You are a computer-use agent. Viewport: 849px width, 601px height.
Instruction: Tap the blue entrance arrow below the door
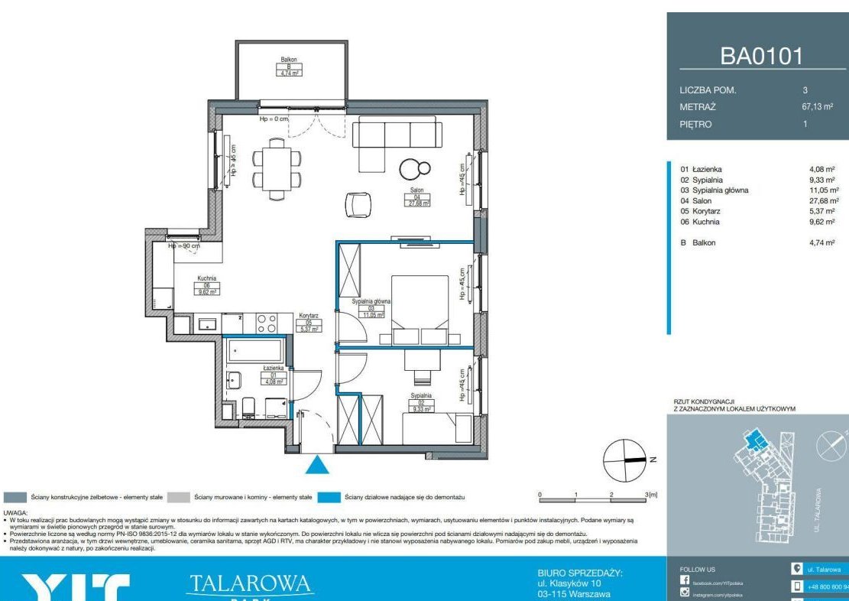coord(317,465)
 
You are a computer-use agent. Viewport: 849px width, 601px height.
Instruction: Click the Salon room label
coord(417,197)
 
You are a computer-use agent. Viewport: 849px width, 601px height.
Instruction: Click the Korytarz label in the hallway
coord(309,322)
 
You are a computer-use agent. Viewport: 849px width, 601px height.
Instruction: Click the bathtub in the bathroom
coord(255,351)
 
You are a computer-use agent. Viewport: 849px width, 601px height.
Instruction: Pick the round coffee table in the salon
coord(410,169)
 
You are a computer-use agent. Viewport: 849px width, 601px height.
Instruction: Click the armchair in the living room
coord(357,204)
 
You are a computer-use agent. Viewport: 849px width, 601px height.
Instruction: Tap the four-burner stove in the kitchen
coord(266,323)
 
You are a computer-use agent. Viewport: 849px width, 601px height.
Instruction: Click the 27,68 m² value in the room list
coord(823,201)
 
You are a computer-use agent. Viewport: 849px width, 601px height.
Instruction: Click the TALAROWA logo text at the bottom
coord(250,584)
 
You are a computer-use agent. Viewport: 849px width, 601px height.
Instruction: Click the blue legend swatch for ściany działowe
coord(329,497)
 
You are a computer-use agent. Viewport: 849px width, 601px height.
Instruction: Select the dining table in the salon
coord(275,169)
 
